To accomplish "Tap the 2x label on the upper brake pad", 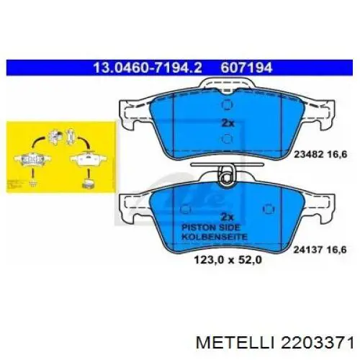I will [x=227, y=122].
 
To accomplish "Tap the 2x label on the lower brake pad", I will [x=227, y=217].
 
